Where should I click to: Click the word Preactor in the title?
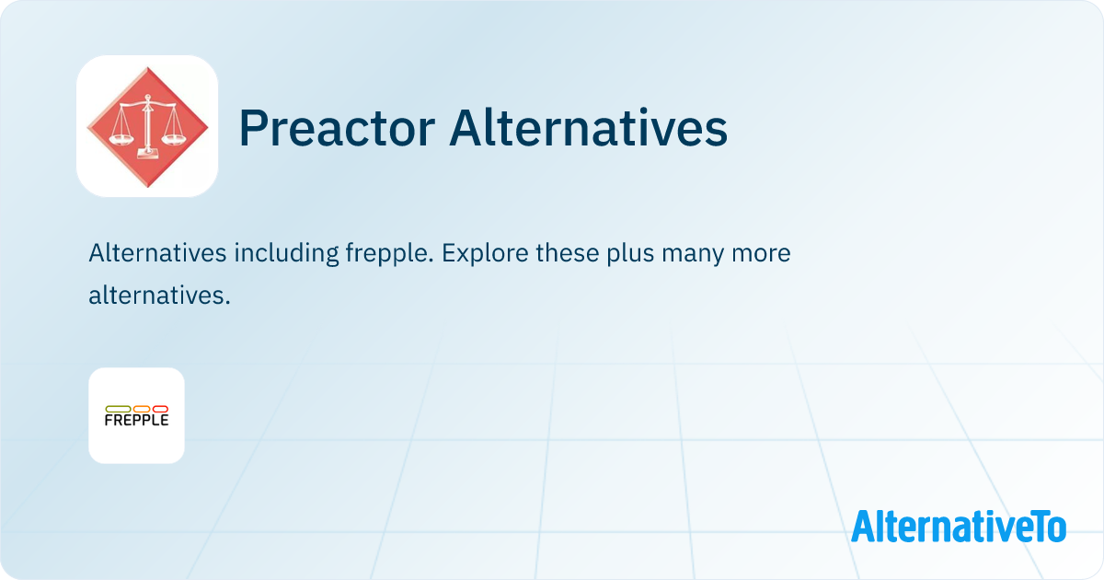[x=337, y=128]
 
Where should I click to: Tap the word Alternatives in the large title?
[x=589, y=128]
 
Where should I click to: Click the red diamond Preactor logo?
[x=147, y=127]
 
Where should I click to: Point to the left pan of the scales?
[x=121, y=139]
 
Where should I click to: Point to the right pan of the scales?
[x=174, y=139]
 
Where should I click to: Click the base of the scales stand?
[x=148, y=153]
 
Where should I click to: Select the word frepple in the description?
[x=389, y=254]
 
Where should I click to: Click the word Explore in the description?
[x=486, y=254]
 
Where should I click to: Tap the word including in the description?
[x=286, y=254]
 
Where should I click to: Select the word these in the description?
[x=568, y=252]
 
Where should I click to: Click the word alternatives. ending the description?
[x=159, y=295]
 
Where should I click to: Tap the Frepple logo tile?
[x=136, y=415]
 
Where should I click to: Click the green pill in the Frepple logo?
[x=119, y=409]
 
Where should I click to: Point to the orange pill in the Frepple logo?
[x=142, y=409]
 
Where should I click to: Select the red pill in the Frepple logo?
[x=160, y=409]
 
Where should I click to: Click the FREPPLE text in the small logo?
[x=136, y=420]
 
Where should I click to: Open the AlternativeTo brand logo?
[x=959, y=526]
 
